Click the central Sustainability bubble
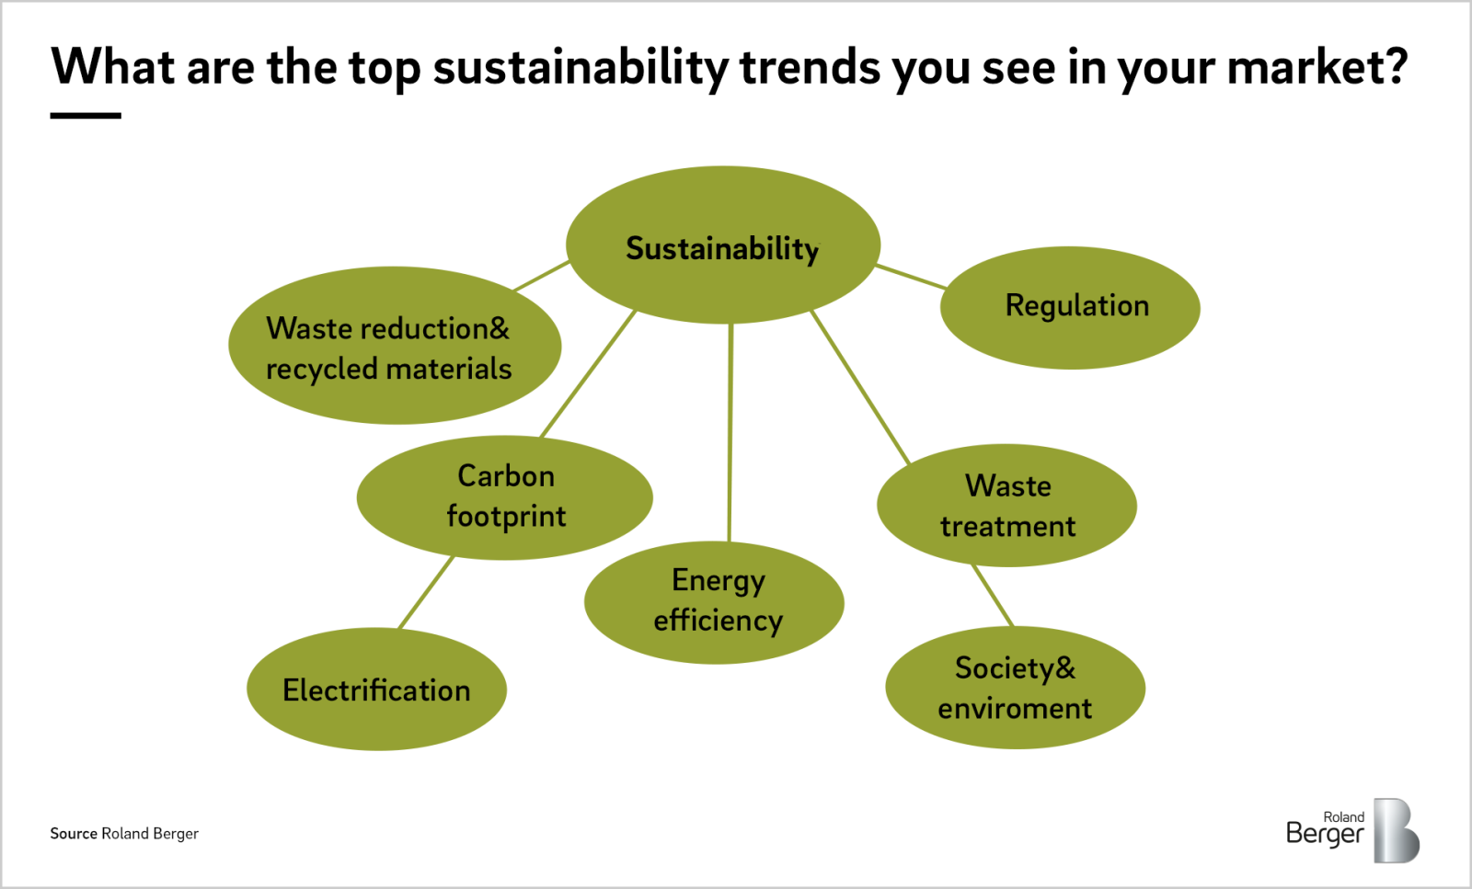[723, 245]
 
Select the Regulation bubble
[1070, 307]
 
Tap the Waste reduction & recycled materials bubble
[395, 346]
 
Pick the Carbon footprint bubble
[505, 497]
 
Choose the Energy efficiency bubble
[714, 603]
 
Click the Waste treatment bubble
[1006, 506]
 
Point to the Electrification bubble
[376, 689]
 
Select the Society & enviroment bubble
[1016, 688]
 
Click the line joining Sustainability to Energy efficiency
[730, 432]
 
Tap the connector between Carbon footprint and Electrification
[426, 593]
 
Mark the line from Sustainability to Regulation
[912, 277]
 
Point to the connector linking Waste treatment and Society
[993, 596]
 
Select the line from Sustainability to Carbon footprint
[588, 373]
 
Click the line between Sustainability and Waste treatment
[860, 387]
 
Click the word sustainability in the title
[581, 68]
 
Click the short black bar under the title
[86, 116]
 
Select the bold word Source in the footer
[74, 833]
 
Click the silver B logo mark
[1397, 830]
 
